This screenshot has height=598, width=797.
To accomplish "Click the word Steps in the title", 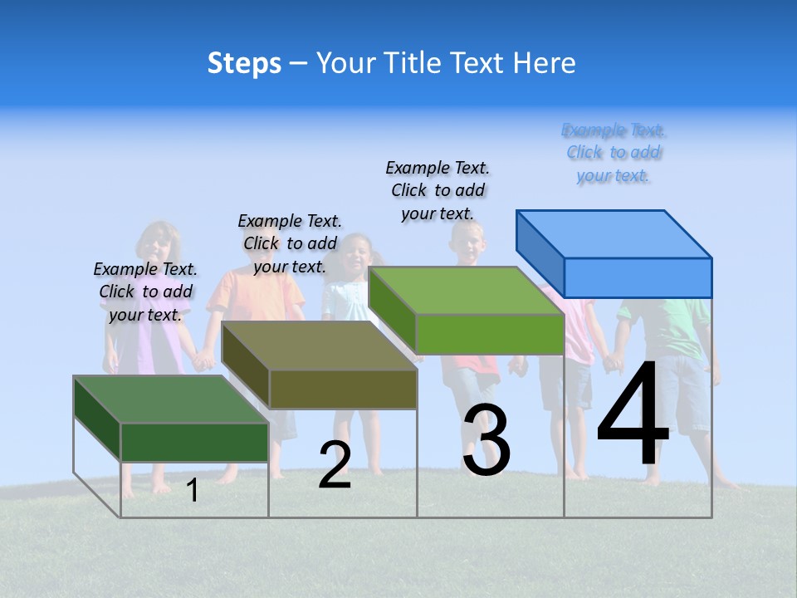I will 244,63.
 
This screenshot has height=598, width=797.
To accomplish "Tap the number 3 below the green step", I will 486,440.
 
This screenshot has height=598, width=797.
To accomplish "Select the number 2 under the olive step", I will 335,465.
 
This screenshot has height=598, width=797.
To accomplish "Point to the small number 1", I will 192,491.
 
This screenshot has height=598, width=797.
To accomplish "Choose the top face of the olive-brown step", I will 320,346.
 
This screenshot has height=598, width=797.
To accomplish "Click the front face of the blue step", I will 638,277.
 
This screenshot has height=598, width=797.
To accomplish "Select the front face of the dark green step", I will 194,442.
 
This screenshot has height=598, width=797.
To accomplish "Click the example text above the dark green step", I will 145,292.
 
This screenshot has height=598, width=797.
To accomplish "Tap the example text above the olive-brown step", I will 290,243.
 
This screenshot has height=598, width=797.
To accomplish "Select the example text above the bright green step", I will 438,190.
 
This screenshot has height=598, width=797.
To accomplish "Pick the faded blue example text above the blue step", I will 614,153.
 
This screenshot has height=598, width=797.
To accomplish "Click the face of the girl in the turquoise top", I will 358,257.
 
